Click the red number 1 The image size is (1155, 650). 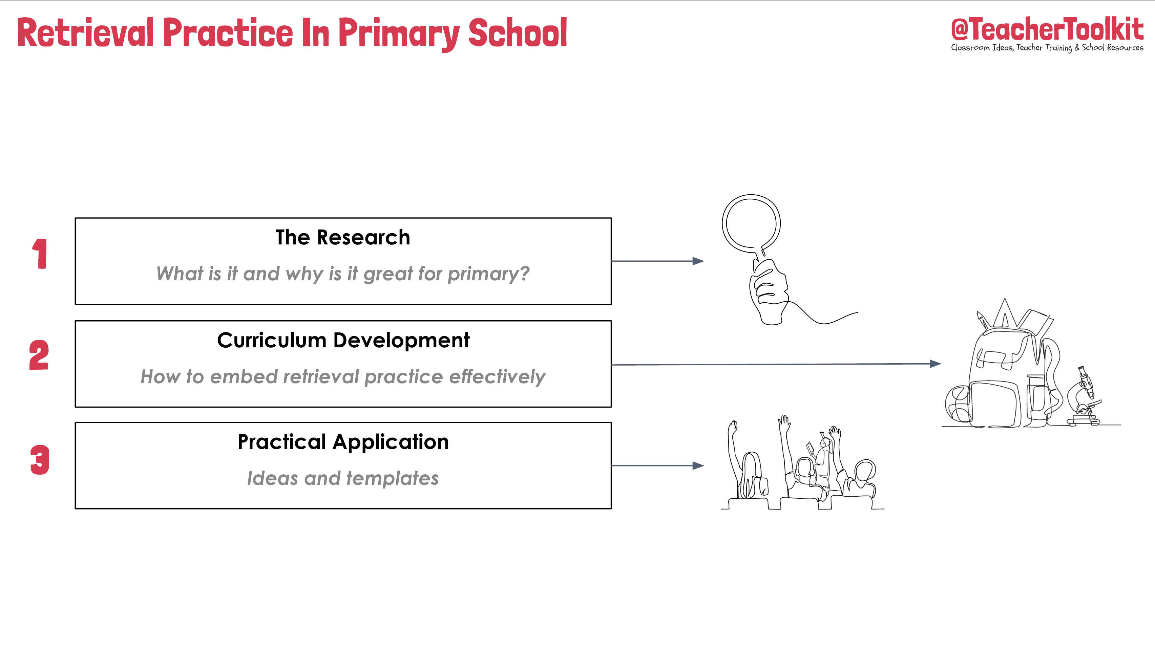(x=40, y=254)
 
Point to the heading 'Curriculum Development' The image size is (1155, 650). (x=343, y=340)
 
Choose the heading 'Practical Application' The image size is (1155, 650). (x=343, y=442)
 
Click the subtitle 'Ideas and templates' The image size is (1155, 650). (x=343, y=478)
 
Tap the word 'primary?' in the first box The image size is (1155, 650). (x=489, y=274)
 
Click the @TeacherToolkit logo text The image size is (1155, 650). (x=1047, y=29)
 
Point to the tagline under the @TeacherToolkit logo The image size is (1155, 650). (x=1047, y=47)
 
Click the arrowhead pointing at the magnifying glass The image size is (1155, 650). (x=698, y=261)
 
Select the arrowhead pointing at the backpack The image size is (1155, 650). (x=935, y=364)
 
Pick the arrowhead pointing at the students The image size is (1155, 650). (x=698, y=466)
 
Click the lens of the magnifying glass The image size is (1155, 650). (x=751, y=223)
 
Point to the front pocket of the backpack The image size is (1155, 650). (x=993, y=404)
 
